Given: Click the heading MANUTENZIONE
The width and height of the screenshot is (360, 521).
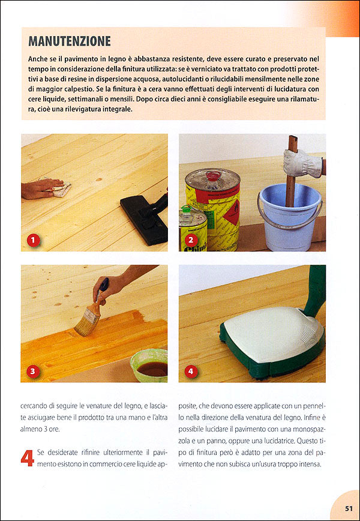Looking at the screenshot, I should click(70, 41).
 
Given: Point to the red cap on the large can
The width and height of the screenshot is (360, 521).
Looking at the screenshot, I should click(212, 175).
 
